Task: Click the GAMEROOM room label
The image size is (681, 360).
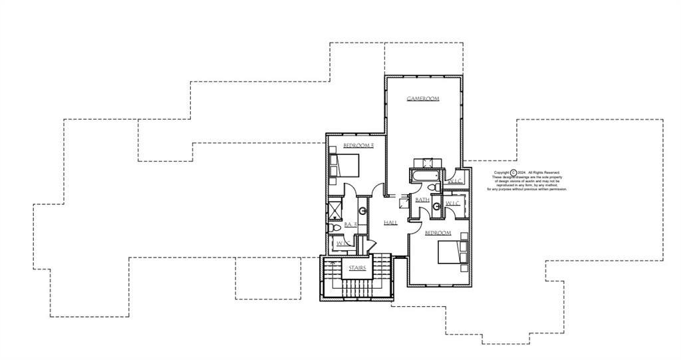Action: [x=423, y=99]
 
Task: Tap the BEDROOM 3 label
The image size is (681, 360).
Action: [x=358, y=145]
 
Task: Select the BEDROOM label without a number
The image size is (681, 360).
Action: [x=438, y=233]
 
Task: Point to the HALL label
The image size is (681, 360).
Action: [x=390, y=222]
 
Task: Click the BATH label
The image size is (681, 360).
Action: [x=422, y=200]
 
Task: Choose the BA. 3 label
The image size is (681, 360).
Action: [x=351, y=225]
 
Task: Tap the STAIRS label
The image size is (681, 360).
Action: [x=358, y=268]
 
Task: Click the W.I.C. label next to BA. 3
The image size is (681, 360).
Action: [x=343, y=244]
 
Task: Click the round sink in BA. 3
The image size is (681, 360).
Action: [x=362, y=212]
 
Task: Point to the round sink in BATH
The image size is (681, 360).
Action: [x=437, y=207]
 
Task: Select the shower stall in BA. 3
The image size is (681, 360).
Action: [x=335, y=210]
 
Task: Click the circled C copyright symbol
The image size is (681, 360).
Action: [x=513, y=172]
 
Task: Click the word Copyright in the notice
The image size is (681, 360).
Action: [x=501, y=172]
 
